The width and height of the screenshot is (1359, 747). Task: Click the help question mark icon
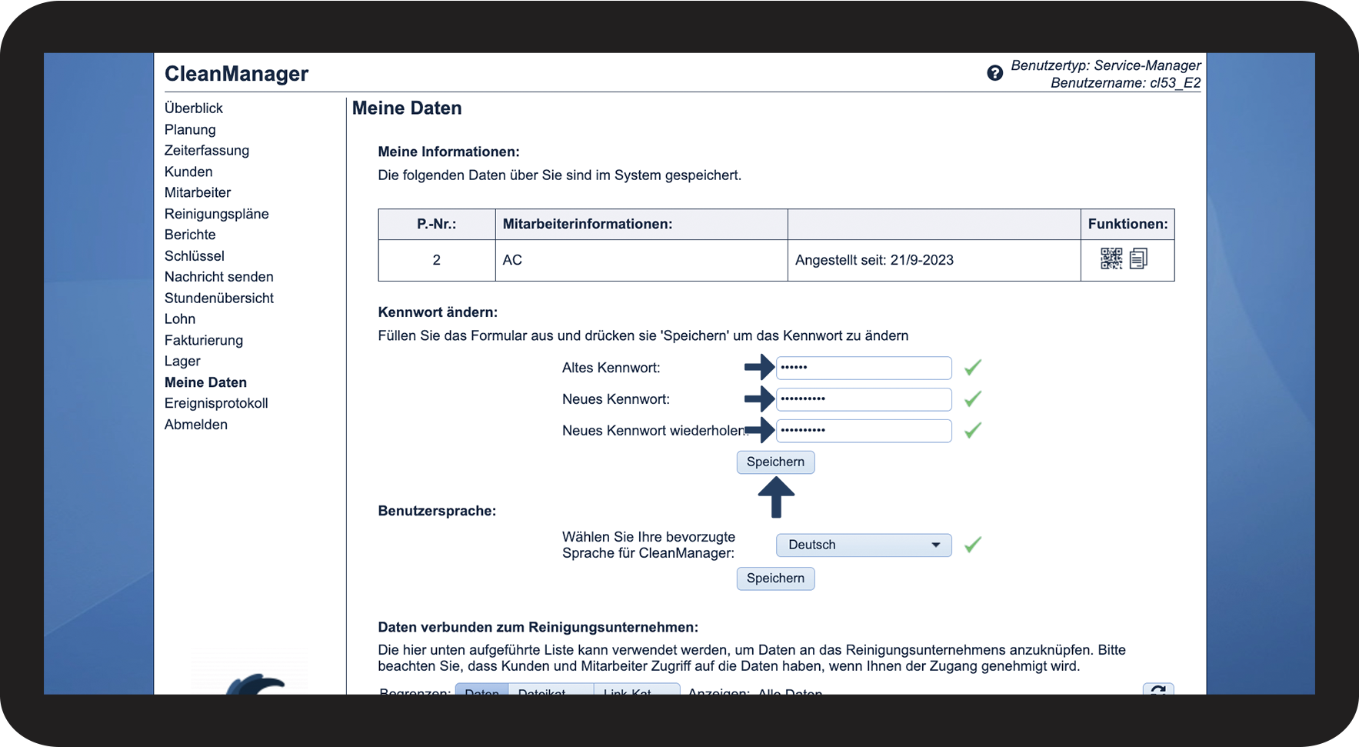click(994, 73)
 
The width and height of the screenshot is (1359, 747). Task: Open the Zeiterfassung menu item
click(206, 151)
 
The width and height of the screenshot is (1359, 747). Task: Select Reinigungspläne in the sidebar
click(216, 214)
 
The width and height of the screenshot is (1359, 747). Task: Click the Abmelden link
click(195, 425)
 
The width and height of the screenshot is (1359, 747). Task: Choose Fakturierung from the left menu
click(203, 340)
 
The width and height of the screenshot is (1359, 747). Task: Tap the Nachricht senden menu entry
click(218, 277)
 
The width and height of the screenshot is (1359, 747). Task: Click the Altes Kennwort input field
click(863, 368)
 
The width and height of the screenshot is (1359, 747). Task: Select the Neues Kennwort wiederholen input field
click(863, 431)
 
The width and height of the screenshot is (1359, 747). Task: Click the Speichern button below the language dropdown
click(775, 579)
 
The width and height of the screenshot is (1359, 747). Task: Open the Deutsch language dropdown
click(863, 545)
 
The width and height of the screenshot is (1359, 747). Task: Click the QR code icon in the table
click(1111, 258)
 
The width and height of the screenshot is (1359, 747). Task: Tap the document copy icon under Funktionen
click(1138, 258)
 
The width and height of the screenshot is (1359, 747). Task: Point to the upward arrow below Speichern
click(776, 497)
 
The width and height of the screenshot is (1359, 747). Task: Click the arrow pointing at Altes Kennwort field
click(759, 367)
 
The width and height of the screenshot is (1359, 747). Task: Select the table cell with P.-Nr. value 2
click(436, 260)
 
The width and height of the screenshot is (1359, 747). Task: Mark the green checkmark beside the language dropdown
click(973, 545)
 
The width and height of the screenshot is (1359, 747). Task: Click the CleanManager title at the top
click(236, 74)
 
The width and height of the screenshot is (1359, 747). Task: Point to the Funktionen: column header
click(1127, 224)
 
